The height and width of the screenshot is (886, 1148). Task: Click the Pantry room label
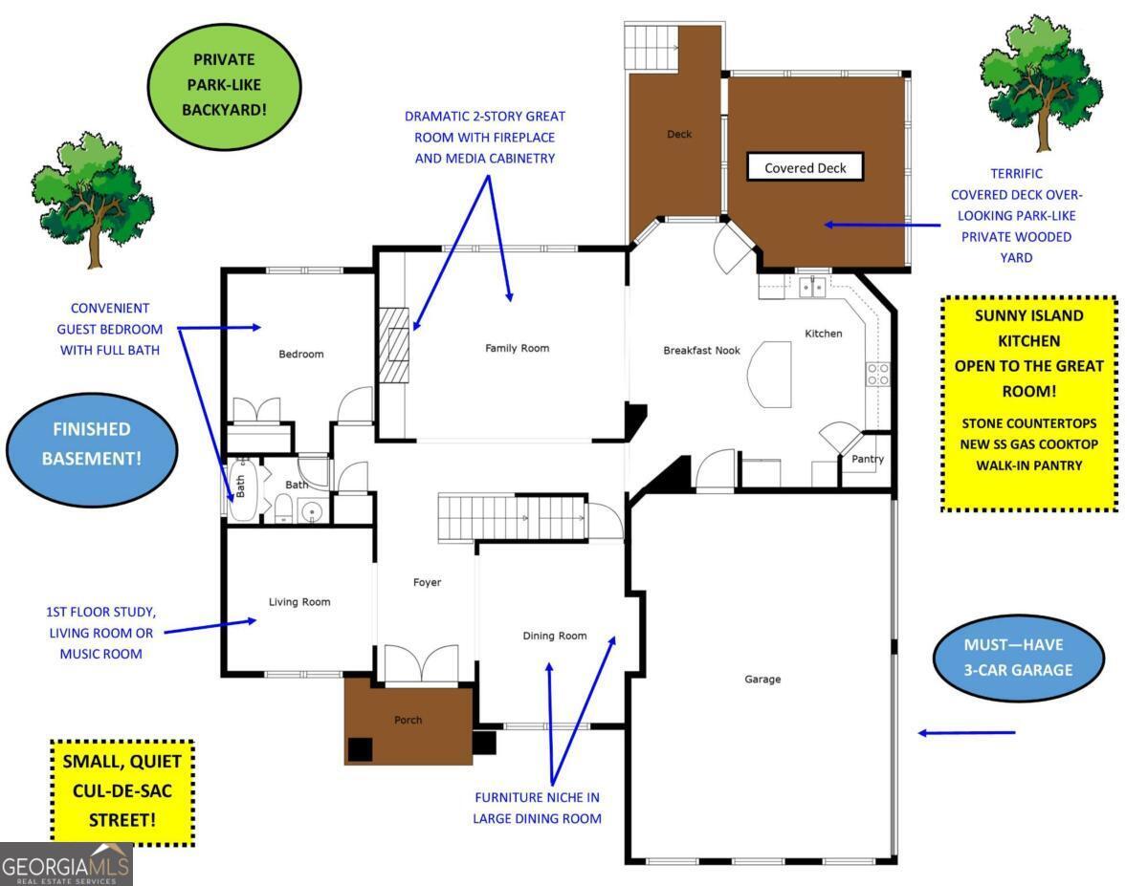click(868, 459)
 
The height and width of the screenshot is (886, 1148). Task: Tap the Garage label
click(762, 680)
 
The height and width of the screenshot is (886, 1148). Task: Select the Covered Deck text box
click(805, 168)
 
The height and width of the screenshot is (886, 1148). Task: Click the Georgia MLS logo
click(65, 864)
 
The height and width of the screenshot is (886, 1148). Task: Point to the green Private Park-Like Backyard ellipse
click(224, 85)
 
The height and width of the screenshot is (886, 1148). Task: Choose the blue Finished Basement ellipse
click(92, 444)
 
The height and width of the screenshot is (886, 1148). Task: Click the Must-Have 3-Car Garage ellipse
click(1018, 658)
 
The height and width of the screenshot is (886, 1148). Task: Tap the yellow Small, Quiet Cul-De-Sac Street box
click(122, 791)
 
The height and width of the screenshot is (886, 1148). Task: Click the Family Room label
click(517, 349)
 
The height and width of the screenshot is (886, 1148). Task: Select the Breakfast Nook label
click(702, 351)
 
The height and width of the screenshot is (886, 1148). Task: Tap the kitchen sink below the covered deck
click(813, 286)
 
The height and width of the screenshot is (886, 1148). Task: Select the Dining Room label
click(554, 636)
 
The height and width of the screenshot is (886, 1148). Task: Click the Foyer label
click(427, 582)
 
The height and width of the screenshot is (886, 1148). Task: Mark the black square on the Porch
click(360, 749)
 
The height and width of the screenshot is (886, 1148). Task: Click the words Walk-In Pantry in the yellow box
click(1028, 465)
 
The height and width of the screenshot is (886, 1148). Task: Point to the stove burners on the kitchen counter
click(877, 374)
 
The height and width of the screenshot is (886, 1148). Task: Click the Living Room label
click(298, 602)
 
